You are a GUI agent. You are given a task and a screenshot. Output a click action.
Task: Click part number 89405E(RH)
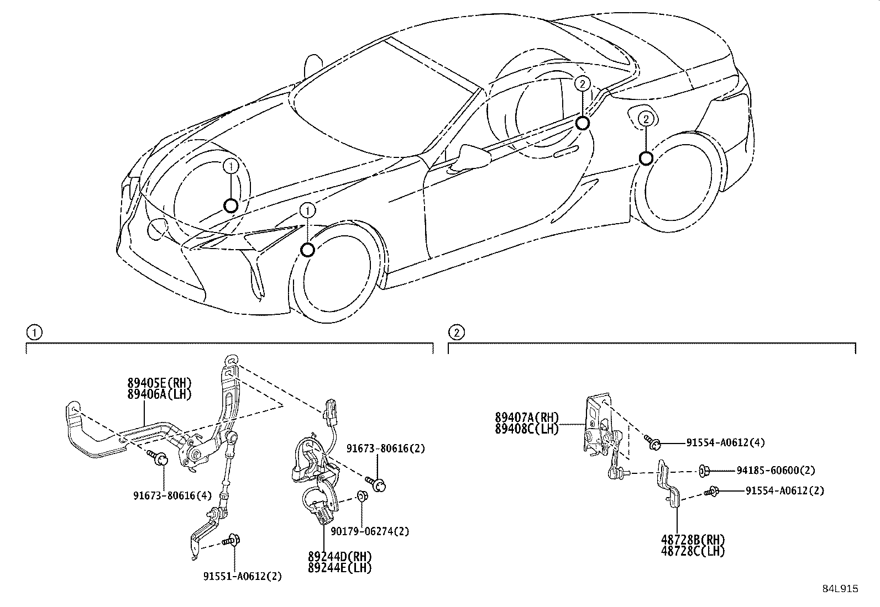click(x=159, y=382)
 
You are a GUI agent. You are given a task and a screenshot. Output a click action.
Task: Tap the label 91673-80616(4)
click(x=172, y=495)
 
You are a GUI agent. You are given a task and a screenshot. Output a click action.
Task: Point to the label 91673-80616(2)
click(x=386, y=448)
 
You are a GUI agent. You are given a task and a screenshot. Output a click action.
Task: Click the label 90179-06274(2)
click(x=370, y=531)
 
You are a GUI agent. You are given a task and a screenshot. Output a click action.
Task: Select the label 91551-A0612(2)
click(x=242, y=576)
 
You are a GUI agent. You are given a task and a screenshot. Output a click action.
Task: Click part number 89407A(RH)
click(x=527, y=418)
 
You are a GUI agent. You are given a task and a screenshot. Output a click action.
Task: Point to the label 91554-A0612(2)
click(x=784, y=490)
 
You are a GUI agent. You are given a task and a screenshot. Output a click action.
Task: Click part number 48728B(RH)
click(x=693, y=540)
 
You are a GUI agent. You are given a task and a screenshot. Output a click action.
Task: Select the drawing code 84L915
click(x=840, y=589)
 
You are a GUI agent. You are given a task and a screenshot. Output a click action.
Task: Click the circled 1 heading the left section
click(x=34, y=332)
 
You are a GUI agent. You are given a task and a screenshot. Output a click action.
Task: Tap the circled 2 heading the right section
click(x=456, y=332)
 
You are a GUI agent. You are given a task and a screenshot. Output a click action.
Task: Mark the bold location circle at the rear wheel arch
click(x=645, y=159)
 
